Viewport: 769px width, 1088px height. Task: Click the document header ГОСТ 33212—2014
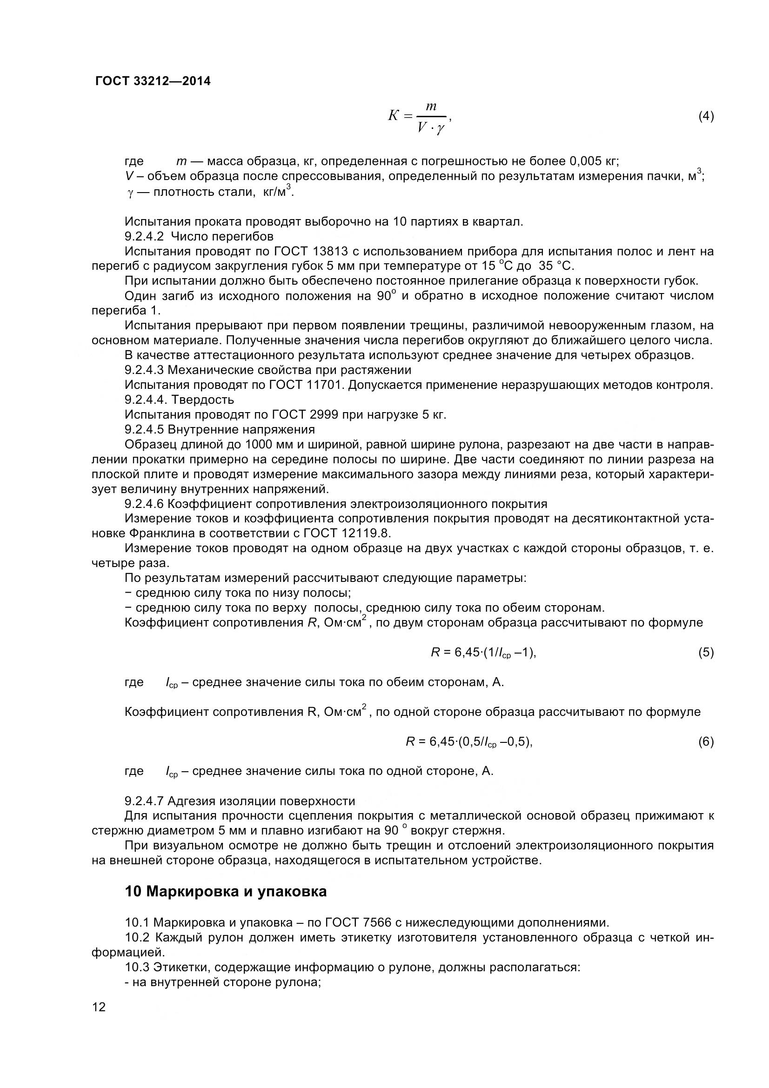click(x=153, y=81)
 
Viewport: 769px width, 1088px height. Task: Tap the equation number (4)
click(x=706, y=116)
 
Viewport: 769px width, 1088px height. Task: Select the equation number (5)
click(x=706, y=653)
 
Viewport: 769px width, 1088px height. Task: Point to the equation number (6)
click(x=706, y=741)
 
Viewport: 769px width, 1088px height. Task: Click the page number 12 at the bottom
click(x=99, y=1020)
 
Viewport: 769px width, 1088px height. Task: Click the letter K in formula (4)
click(x=393, y=116)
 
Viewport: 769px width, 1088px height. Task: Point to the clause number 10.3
click(x=137, y=967)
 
